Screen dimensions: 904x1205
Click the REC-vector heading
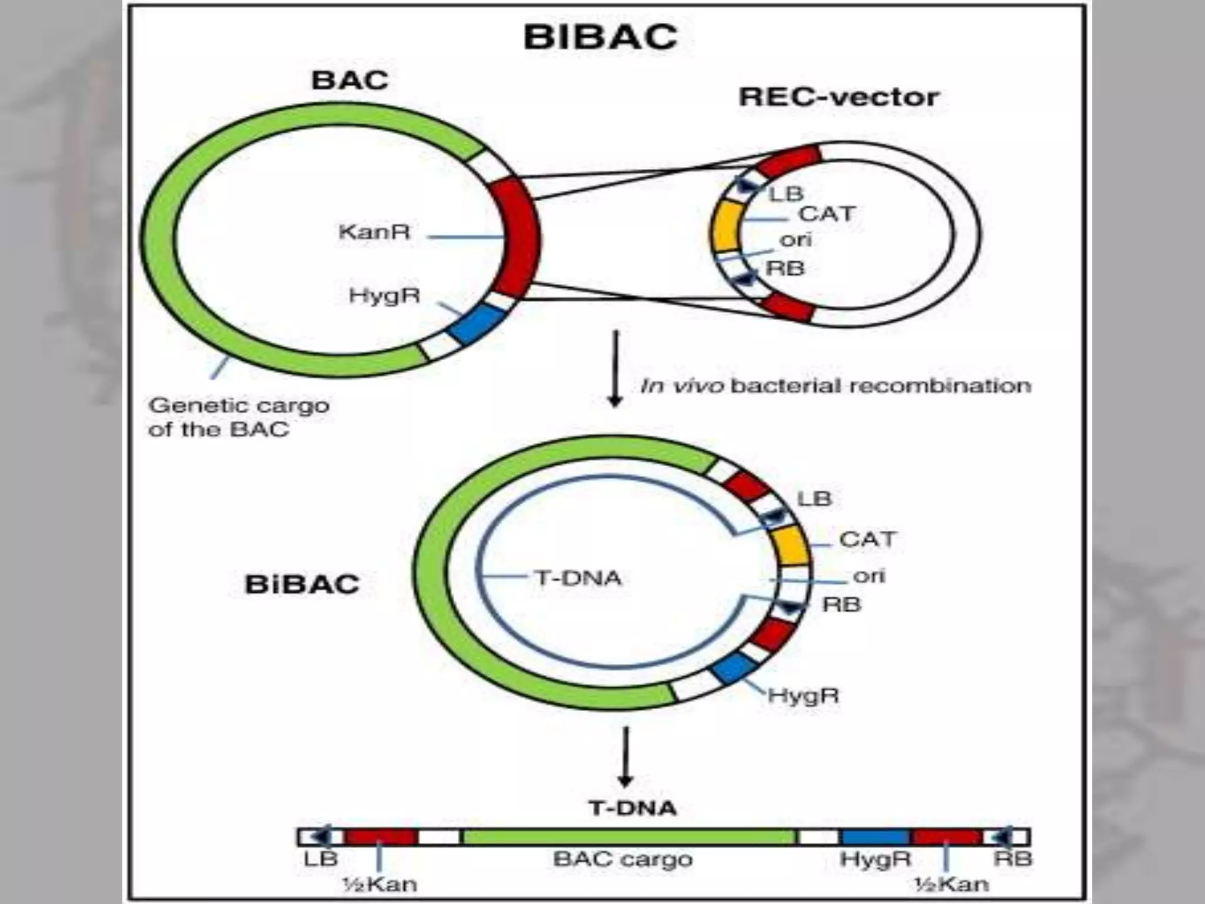pyautogui.click(x=838, y=97)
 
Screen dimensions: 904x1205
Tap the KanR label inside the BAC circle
pyautogui.click(x=374, y=232)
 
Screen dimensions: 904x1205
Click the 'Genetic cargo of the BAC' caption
pyautogui.click(x=238, y=417)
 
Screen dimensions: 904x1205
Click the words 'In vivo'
pyautogui.click(x=681, y=386)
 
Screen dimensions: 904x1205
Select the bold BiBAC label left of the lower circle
pyautogui.click(x=301, y=584)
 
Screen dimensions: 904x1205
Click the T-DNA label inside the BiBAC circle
pyautogui.click(x=578, y=578)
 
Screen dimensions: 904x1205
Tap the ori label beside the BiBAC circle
pyautogui.click(x=868, y=576)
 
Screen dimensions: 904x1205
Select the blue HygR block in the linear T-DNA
pyautogui.click(x=874, y=836)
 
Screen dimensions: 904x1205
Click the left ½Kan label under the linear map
pyautogui.click(x=380, y=883)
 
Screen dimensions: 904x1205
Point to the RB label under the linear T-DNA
pyautogui.click(x=1012, y=859)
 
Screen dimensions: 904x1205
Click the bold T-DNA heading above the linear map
pyautogui.click(x=633, y=808)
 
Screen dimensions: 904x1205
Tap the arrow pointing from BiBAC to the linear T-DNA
pyautogui.click(x=625, y=757)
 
